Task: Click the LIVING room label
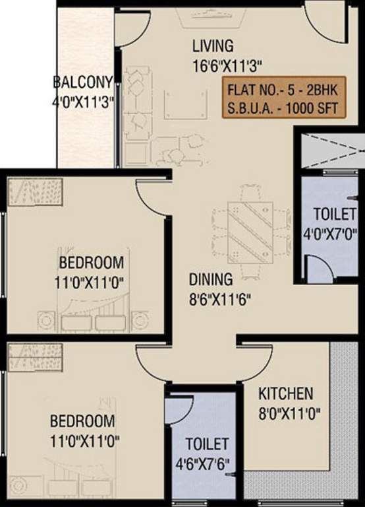213,46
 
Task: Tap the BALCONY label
84,83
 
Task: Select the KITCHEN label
285,394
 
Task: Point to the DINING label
211,279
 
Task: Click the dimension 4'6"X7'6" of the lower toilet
207,461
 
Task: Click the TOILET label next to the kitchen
207,443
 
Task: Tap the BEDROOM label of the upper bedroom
90,260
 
